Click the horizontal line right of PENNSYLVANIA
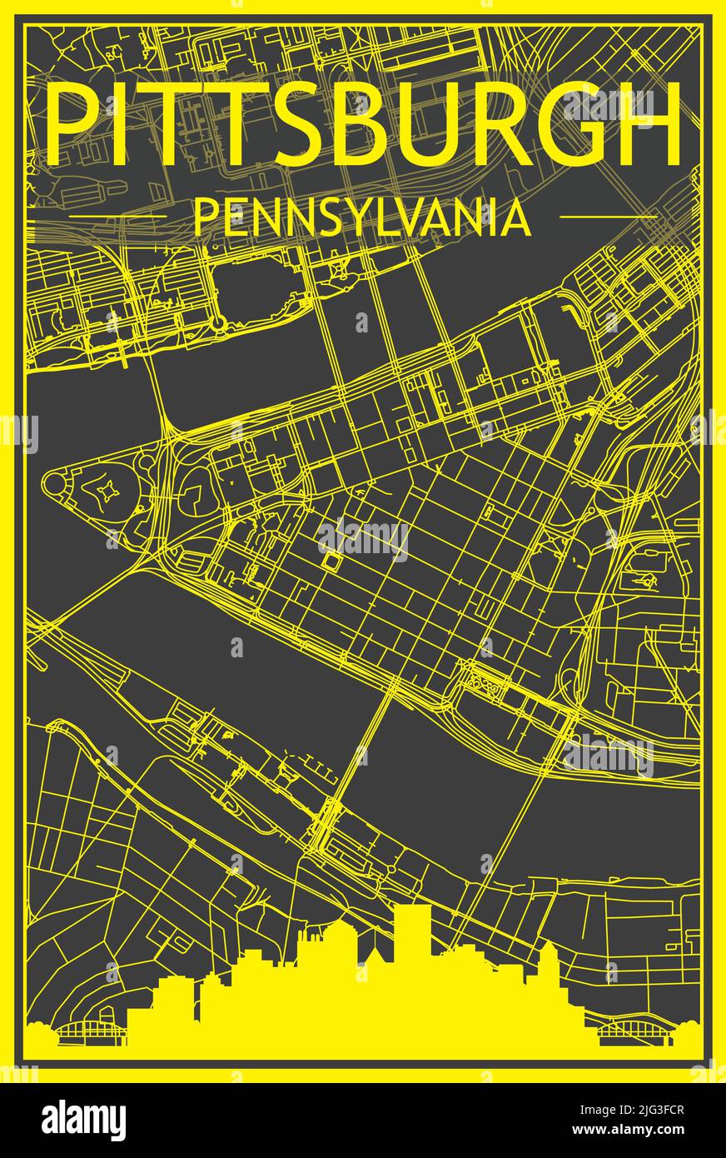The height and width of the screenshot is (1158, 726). click(x=608, y=217)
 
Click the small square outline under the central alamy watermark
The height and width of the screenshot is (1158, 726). click(x=334, y=563)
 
